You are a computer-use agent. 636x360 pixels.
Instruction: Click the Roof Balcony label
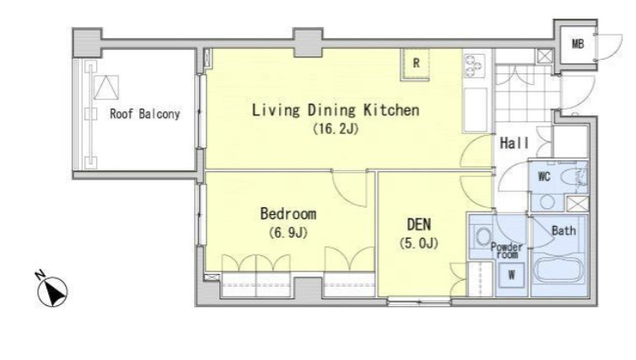pyautogui.click(x=145, y=114)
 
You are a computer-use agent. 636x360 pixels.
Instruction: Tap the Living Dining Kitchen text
pyautogui.click(x=336, y=110)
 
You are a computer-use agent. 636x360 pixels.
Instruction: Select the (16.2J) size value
pyautogui.click(x=336, y=129)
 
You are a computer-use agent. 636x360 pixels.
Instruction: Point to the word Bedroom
pyautogui.click(x=288, y=213)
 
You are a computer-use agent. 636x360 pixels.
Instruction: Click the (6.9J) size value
pyautogui.click(x=288, y=233)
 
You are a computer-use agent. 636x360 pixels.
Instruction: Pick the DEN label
pyautogui.click(x=419, y=224)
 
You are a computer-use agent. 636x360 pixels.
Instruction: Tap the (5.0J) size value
pyautogui.click(x=419, y=244)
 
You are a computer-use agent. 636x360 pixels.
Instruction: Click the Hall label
pyautogui.click(x=515, y=142)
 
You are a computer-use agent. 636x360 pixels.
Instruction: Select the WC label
pyautogui.click(x=544, y=177)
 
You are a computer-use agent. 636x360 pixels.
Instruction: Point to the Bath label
pyautogui.click(x=563, y=231)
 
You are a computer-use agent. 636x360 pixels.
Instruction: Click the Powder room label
pyautogui.click(x=507, y=250)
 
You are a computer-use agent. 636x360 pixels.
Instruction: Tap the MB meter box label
pyautogui.click(x=578, y=43)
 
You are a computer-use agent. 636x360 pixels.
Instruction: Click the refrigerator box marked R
pyautogui.click(x=416, y=64)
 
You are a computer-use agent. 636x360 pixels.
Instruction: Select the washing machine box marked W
pyautogui.click(x=511, y=275)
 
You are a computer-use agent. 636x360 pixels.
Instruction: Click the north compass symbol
pyautogui.click(x=52, y=290)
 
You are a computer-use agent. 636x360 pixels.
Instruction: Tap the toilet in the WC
pyautogui.click(x=574, y=177)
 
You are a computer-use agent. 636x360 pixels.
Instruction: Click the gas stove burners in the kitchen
pyautogui.click(x=474, y=66)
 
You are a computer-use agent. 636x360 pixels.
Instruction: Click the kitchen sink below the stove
pyautogui.click(x=475, y=110)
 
